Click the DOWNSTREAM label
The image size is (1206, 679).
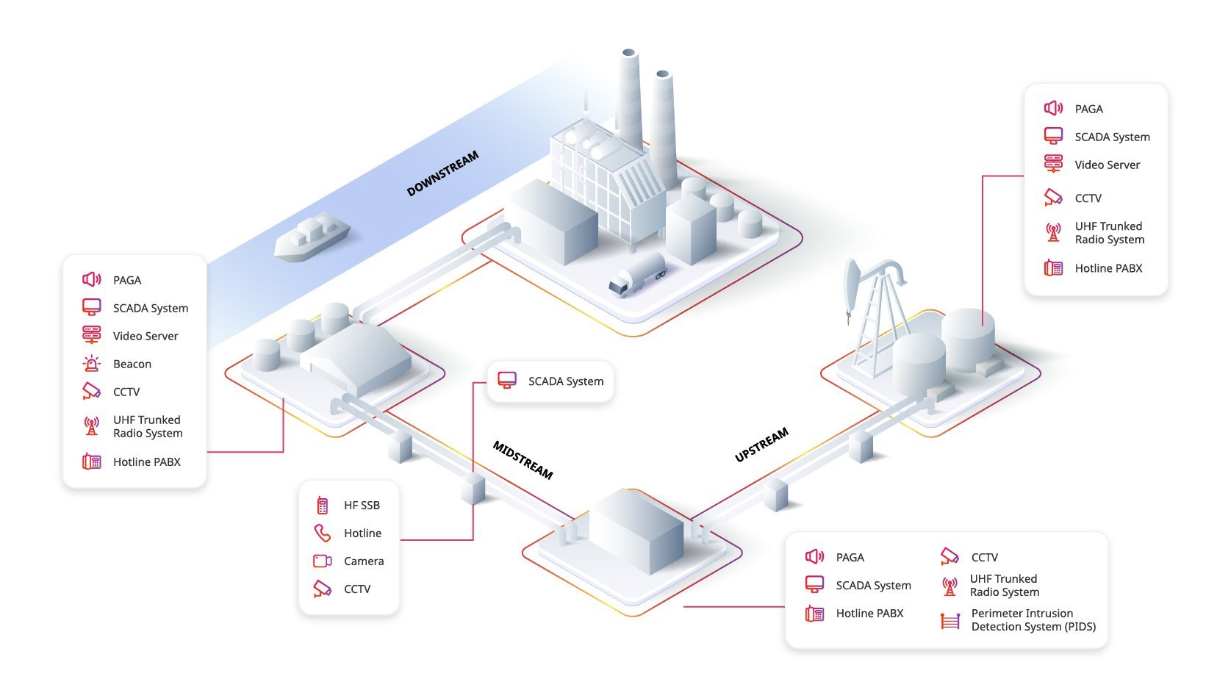(442, 173)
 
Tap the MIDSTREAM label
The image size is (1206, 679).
(523, 460)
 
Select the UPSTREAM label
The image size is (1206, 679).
(762, 445)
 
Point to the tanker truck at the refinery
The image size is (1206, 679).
(638, 274)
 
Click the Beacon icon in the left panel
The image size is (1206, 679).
(92, 364)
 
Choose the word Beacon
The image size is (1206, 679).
(132, 364)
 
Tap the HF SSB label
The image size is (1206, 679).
(362, 505)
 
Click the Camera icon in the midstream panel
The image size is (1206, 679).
(323, 561)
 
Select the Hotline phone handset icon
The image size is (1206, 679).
(322, 533)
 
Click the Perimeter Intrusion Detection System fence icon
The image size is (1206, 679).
(950, 621)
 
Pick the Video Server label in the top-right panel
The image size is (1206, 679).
(1108, 165)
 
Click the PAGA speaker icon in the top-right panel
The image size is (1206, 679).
(1053, 108)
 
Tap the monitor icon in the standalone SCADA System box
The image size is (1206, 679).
(506, 380)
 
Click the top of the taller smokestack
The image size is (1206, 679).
(629, 53)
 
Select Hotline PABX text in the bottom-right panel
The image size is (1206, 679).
(869, 614)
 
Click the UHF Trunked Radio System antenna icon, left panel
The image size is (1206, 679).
(92, 426)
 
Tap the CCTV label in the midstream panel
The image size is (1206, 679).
(357, 589)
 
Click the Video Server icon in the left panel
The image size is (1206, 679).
(92, 335)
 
